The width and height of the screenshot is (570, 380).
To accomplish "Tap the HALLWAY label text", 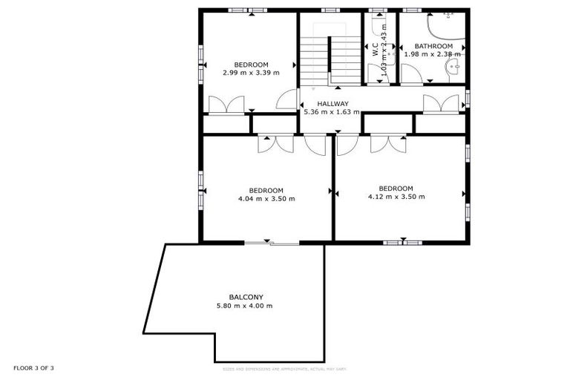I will coord(332,103).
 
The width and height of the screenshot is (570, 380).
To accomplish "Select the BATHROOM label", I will coord(433,46).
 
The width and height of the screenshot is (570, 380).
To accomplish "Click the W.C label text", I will coord(376,49).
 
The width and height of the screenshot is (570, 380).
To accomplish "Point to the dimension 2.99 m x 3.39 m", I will coord(251,73).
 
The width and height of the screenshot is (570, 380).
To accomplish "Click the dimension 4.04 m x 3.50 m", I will coord(266,198).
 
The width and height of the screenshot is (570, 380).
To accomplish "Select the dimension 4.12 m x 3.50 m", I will coord(396,197).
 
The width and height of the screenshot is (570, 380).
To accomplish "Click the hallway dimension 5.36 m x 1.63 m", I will coord(332,112).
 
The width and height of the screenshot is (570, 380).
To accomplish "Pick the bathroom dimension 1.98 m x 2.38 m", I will coord(433,54).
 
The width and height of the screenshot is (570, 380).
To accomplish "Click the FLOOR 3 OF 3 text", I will coord(33,368).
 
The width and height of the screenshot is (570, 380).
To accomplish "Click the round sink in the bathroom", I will coord(451,68).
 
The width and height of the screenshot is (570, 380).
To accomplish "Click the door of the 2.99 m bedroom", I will coord(286,100).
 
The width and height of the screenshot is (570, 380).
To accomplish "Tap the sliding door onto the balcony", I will coord(272,243).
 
